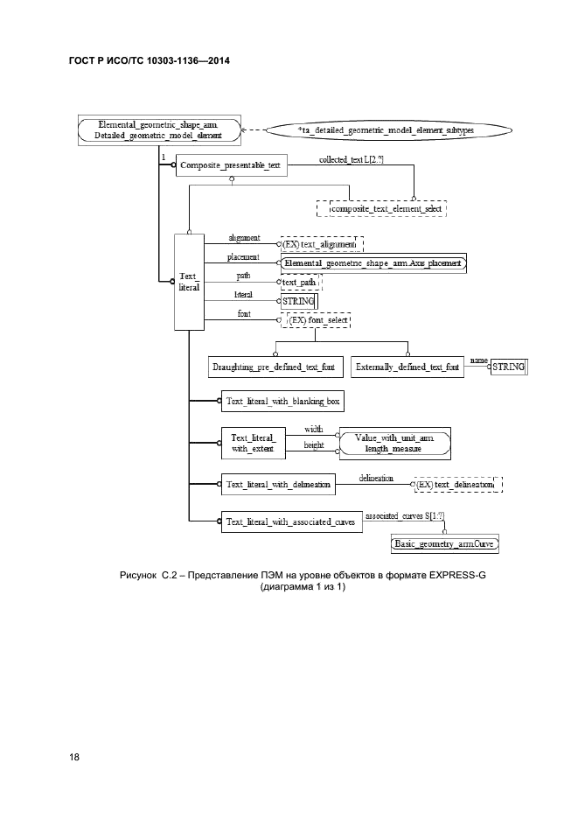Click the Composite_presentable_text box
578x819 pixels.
click(x=230, y=165)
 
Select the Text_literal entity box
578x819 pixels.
click(x=188, y=281)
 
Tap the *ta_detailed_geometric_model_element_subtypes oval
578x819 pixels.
click(x=386, y=130)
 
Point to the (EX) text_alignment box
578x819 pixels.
click(x=321, y=244)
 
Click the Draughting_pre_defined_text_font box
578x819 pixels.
click(x=274, y=367)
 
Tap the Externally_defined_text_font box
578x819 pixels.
click(x=407, y=367)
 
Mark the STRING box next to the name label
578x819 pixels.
click(x=509, y=367)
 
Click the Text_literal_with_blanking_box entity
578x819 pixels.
click(x=282, y=402)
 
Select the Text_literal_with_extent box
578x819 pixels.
click(x=253, y=443)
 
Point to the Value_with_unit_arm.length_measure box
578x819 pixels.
click(x=393, y=443)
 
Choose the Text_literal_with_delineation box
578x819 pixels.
click(x=278, y=484)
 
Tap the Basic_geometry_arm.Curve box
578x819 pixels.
click(x=449, y=543)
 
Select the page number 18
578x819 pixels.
click(x=74, y=756)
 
